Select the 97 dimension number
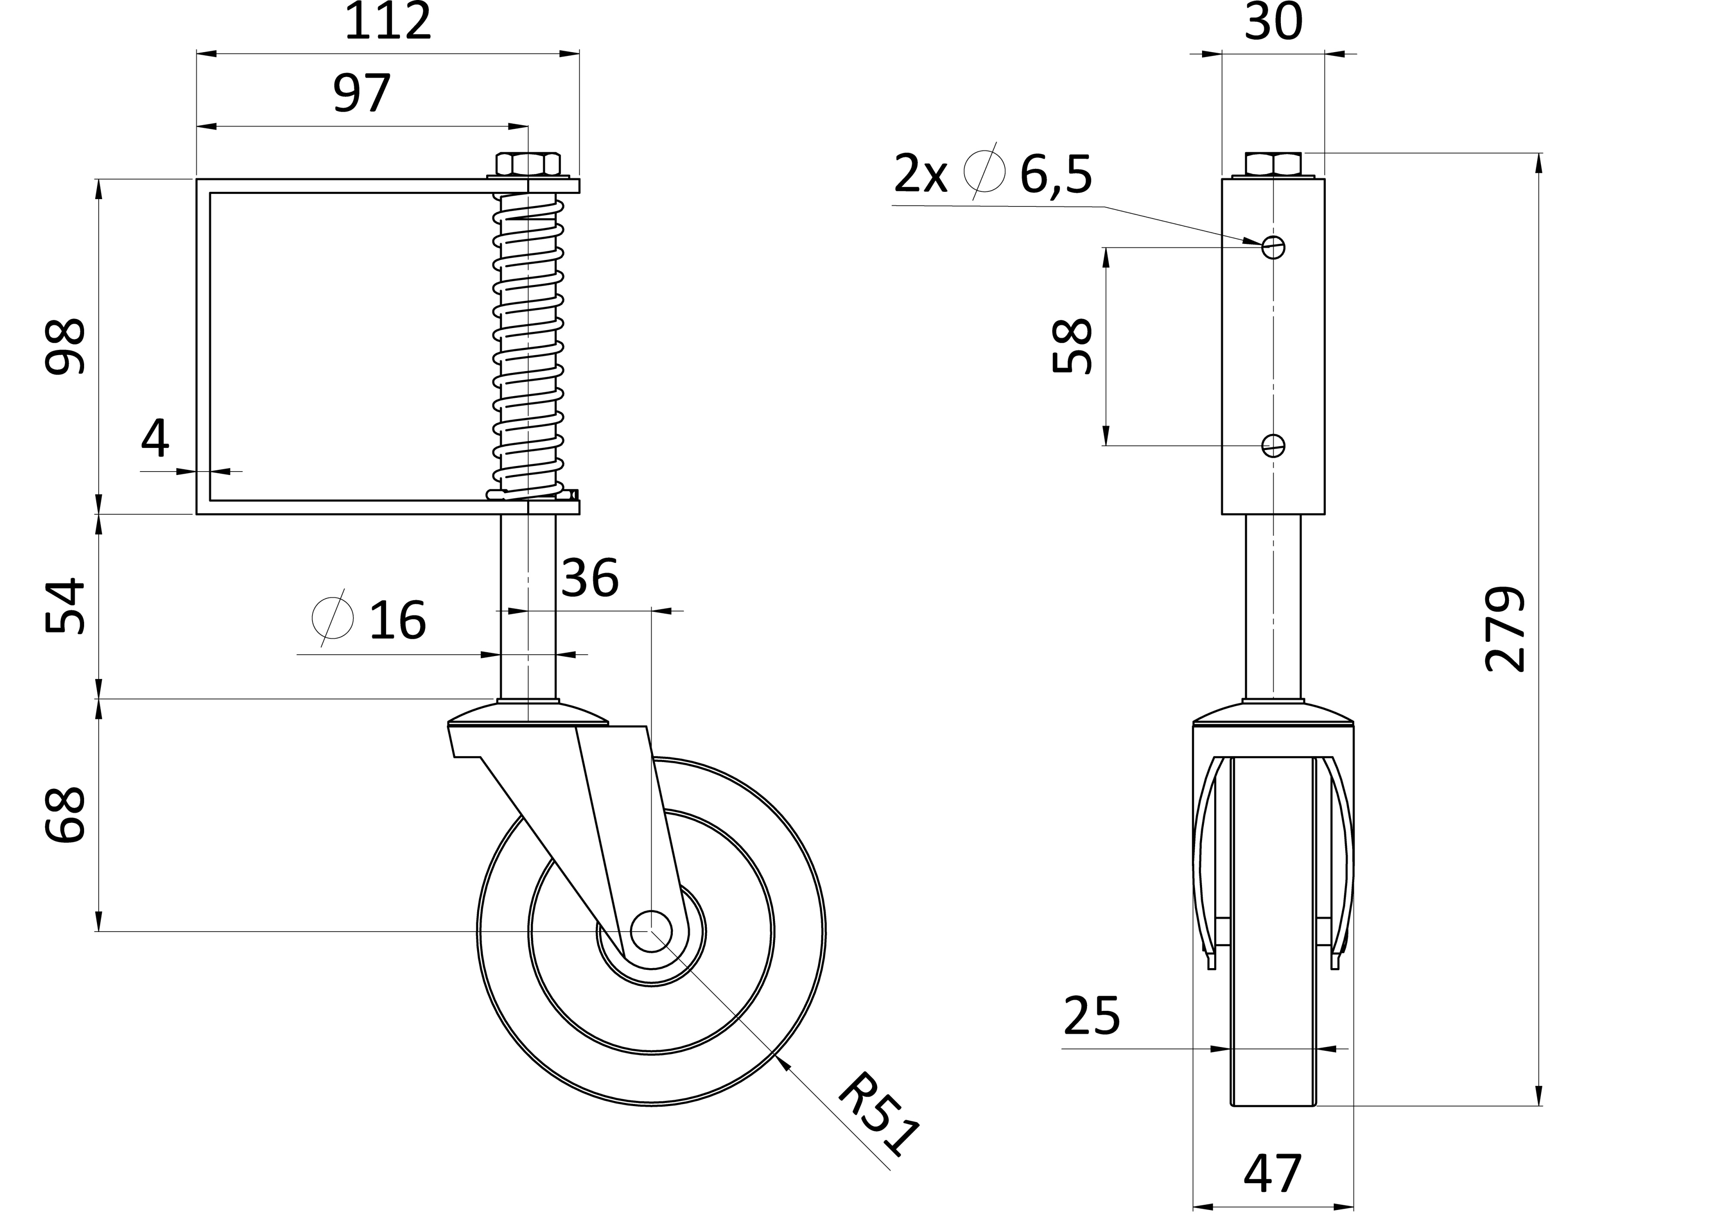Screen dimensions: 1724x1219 pyautogui.click(x=362, y=93)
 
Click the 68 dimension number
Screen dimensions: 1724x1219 pyautogui.click(x=66, y=815)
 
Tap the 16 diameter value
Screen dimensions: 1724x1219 pyautogui.click(x=397, y=620)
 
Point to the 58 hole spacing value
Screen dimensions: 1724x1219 pyautogui.click(x=1071, y=346)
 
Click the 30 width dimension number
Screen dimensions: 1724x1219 pyautogui.click(x=1274, y=22)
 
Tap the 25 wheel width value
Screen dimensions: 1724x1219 pyautogui.click(x=1092, y=1017)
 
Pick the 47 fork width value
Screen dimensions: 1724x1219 pyautogui.click(x=1272, y=1174)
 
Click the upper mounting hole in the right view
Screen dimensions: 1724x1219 pyautogui.click(x=1274, y=247)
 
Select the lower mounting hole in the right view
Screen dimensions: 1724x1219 pyautogui.click(x=1274, y=445)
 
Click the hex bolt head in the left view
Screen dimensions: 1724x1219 pyautogui.click(x=528, y=164)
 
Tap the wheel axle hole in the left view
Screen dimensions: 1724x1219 pyautogui.click(x=650, y=931)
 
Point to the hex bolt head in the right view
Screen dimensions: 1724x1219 pyautogui.click(x=1274, y=164)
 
